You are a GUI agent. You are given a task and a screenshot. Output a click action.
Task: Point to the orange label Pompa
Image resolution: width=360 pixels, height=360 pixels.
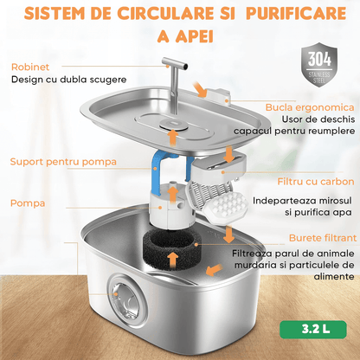click(28, 204)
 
